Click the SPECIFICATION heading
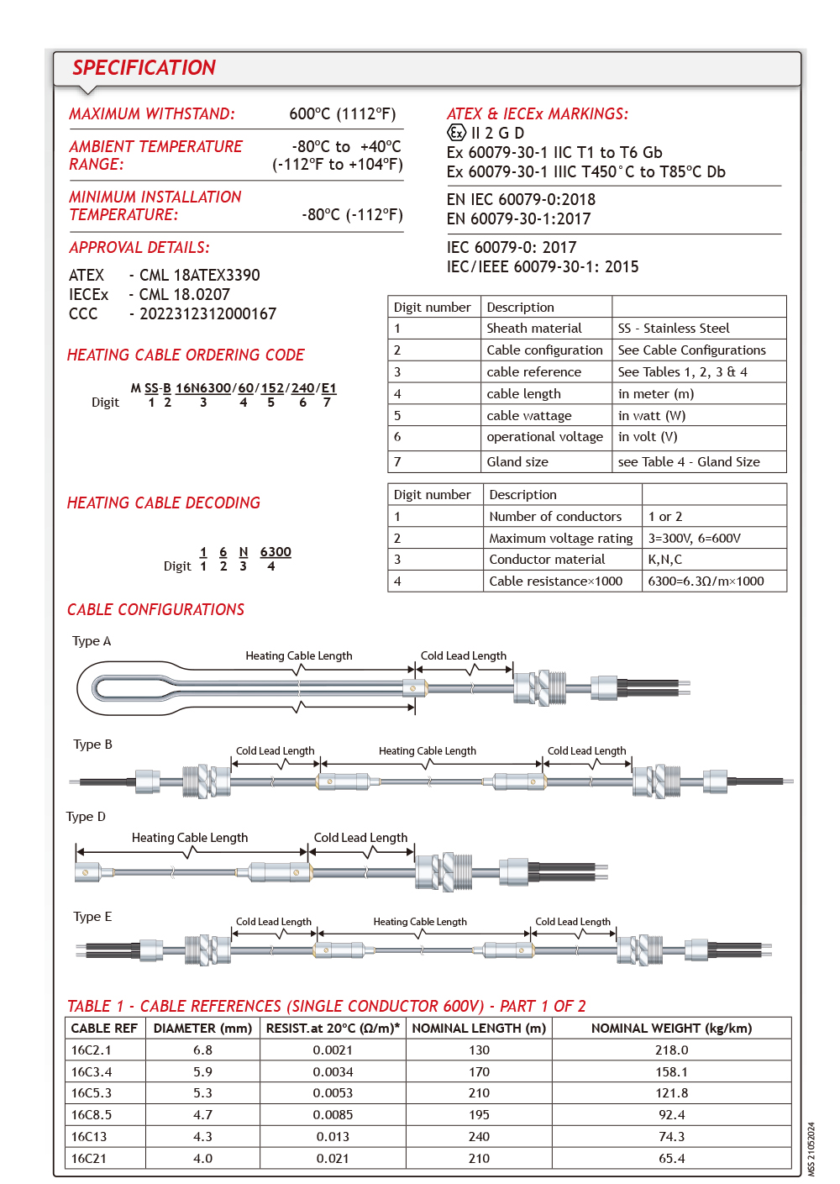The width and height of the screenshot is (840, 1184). click(x=144, y=68)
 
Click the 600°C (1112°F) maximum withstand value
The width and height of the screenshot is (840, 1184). click(x=342, y=114)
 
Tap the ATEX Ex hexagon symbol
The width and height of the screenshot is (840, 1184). click(x=456, y=133)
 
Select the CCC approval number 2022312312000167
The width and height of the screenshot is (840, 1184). click(x=207, y=314)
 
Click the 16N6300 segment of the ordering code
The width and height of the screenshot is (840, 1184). click(x=203, y=388)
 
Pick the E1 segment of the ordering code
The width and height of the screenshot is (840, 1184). click(x=328, y=388)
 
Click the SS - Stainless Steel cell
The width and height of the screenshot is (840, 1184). click(x=673, y=329)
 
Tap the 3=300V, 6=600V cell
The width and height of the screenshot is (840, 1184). click(x=694, y=539)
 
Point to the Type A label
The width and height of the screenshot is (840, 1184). click(x=92, y=641)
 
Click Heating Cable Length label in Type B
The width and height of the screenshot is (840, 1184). click(x=427, y=751)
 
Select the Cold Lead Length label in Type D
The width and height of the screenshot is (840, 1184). click(x=360, y=838)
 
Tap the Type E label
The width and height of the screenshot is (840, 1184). click(x=92, y=917)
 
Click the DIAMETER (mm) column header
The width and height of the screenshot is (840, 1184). click(x=202, y=1029)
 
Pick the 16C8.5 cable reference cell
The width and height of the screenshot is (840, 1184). click(x=92, y=1115)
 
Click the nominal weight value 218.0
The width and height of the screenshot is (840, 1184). click(x=671, y=1050)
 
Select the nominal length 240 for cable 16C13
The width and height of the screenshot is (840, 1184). click(x=479, y=1137)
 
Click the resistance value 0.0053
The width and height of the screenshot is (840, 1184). click(x=333, y=1093)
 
